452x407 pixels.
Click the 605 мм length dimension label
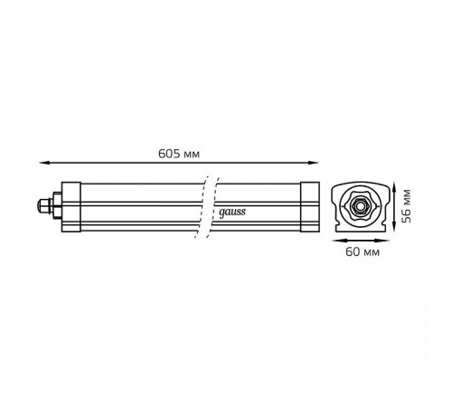(x=179, y=154)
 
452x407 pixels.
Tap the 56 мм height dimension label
(x=407, y=206)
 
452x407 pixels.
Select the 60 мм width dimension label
(x=363, y=251)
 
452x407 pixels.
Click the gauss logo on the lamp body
(x=232, y=213)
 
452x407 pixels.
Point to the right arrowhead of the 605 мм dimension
(x=314, y=163)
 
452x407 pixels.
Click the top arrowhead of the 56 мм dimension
(x=394, y=187)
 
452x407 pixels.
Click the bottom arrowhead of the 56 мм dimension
(x=394, y=226)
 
